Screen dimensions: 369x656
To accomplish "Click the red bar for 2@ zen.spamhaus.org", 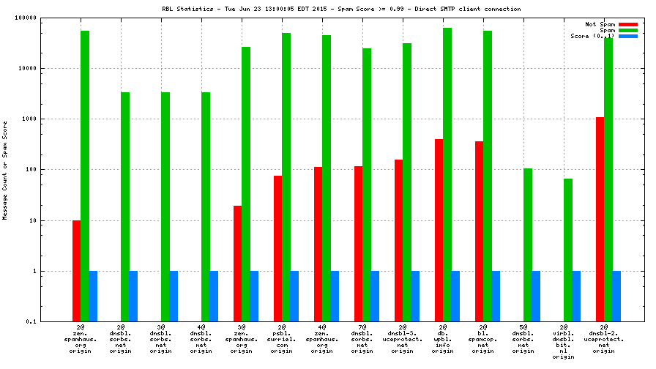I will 76,271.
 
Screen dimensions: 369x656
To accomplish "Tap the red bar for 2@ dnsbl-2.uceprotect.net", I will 600,219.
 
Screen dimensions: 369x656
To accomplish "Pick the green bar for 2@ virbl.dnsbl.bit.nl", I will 568,250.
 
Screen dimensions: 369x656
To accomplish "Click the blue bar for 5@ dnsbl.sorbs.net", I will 536,296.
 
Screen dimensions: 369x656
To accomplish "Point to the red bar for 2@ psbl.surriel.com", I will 277,248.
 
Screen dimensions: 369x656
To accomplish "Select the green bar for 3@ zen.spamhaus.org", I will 246,184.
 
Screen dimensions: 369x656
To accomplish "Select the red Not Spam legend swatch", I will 628,24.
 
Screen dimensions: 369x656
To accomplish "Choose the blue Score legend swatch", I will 628,36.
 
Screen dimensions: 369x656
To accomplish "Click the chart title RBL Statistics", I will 341,9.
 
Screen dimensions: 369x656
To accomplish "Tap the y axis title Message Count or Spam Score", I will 6,170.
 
